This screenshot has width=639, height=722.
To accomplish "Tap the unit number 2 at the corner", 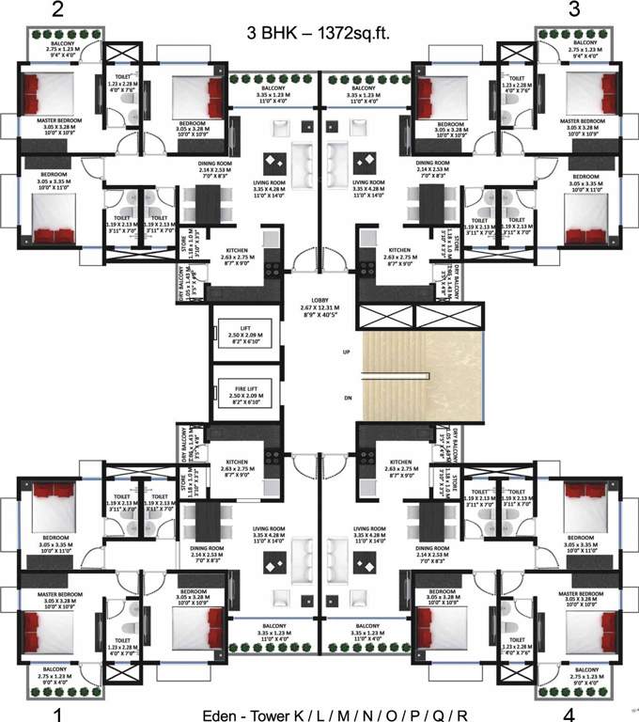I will pyautogui.click(x=58, y=12).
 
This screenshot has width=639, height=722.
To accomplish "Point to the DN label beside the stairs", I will pyautogui.click(x=347, y=398).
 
